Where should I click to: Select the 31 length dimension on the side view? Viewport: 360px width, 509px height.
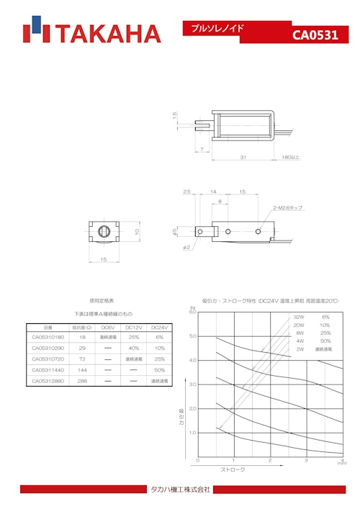click(x=243, y=156)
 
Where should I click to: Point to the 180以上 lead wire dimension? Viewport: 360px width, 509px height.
click(x=290, y=156)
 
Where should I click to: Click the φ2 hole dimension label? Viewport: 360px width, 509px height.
click(x=186, y=248)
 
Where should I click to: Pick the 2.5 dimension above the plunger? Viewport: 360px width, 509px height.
click(x=186, y=192)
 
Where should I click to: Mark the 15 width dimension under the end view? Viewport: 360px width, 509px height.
click(x=103, y=259)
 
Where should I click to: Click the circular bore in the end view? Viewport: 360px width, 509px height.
click(x=103, y=232)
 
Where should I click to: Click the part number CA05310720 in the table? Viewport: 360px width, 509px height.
click(x=48, y=359)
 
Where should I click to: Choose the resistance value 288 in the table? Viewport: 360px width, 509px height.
click(x=82, y=380)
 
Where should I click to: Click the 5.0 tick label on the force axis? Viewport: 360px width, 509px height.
click(x=192, y=336)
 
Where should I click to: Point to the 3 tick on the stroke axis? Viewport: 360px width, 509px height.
click(x=306, y=460)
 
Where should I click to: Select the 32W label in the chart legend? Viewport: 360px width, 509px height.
click(x=299, y=317)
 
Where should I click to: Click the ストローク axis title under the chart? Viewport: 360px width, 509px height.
click(x=232, y=469)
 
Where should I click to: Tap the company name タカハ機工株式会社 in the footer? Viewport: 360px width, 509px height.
click(x=179, y=490)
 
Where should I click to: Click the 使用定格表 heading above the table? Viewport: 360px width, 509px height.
click(x=102, y=300)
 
